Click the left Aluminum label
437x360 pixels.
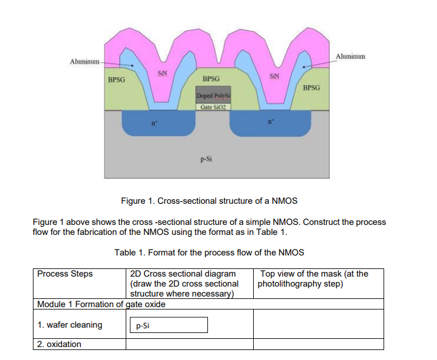point(85,61)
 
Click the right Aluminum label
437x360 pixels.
point(350,56)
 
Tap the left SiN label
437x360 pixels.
point(163,73)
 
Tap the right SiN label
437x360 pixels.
point(274,76)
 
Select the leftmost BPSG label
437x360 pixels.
point(116,79)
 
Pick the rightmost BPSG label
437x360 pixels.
point(311,88)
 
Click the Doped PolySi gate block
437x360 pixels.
point(213,96)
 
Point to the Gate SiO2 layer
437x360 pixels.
point(213,107)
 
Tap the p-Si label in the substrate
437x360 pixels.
point(205,158)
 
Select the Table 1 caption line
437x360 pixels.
point(209,253)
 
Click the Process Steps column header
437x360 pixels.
point(65,274)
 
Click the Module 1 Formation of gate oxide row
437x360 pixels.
point(101,304)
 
